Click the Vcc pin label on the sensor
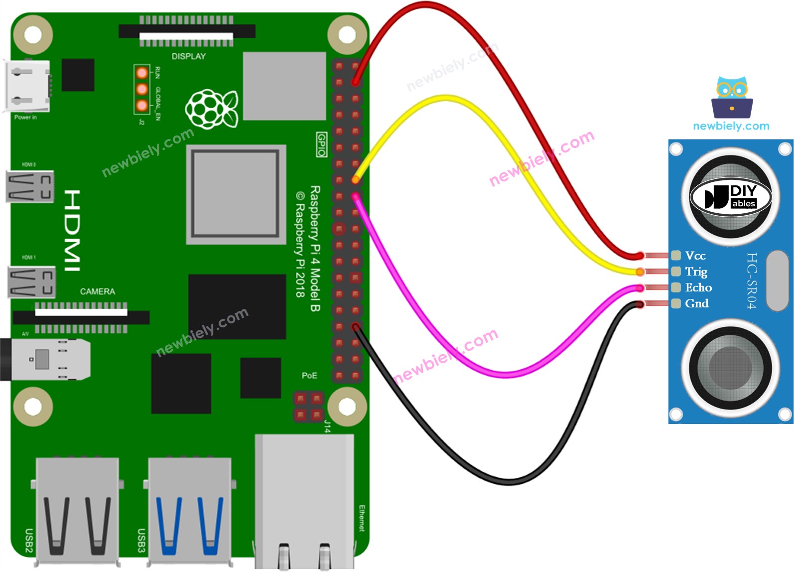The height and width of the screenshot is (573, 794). (695, 256)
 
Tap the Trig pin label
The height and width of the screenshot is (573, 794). (696, 272)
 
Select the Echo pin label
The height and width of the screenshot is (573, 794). (698, 287)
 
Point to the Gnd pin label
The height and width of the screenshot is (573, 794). (696, 303)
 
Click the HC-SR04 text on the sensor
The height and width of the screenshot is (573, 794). (752, 281)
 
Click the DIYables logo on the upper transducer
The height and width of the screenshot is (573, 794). (731, 197)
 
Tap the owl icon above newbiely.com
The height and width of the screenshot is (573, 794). (732, 97)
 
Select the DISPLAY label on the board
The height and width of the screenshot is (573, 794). (188, 56)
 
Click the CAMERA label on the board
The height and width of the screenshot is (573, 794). (97, 291)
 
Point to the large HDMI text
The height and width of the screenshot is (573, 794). (72, 230)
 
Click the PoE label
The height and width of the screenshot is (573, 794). (309, 375)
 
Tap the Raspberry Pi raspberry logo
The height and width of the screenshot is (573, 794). (211, 109)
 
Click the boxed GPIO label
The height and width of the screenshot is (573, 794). (322, 144)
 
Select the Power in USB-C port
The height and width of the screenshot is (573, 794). (27, 85)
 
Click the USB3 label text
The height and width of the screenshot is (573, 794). (141, 540)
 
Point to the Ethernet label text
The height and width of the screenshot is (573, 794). (362, 518)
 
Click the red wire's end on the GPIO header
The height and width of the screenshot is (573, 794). (356, 82)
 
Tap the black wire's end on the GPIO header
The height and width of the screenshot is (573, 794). (356, 327)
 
